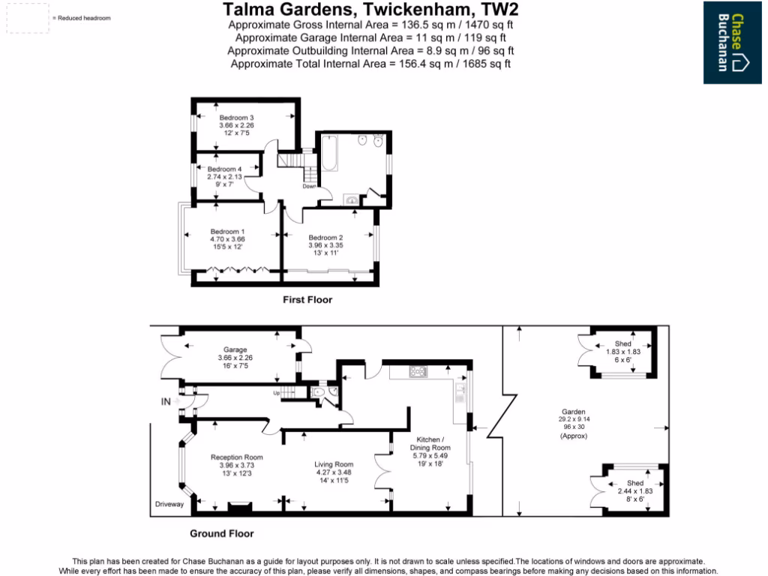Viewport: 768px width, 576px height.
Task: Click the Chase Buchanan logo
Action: click(732, 43)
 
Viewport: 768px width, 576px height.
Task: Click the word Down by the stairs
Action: click(309, 187)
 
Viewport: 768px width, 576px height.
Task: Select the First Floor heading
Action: click(307, 300)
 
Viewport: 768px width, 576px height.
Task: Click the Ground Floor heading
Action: click(221, 534)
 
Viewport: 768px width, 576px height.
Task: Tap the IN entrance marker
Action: click(166, 402)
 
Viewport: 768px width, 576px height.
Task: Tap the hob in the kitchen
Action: click(418, 371)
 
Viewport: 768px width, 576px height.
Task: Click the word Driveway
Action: click(169, 504)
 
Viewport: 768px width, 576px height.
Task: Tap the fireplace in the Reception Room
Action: click(239, 508)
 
